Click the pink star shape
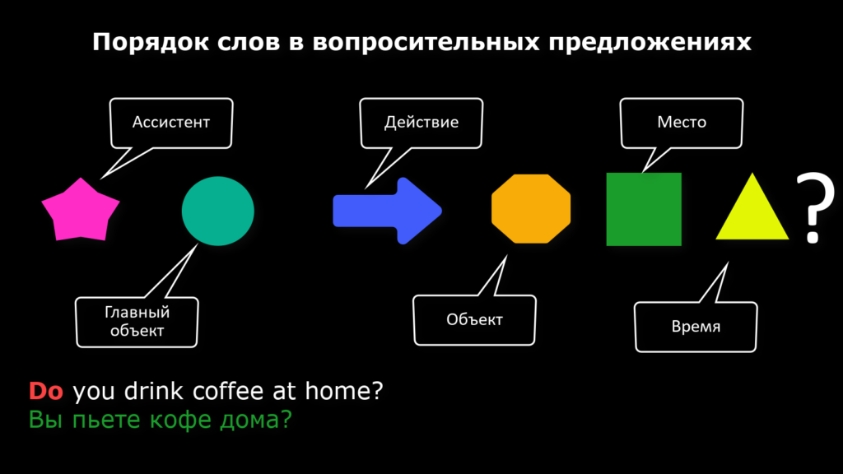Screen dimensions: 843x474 [x=81, y=210]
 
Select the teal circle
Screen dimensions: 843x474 [x=217, y=211]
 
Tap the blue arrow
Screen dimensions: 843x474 [x=387, y=211]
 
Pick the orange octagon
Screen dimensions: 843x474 [x=531, y=208]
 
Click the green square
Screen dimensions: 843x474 [x=644, y=209]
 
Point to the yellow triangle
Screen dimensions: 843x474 [x=752, y=210]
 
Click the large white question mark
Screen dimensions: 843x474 [x=815, y=207]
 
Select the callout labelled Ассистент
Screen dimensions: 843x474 [x=171, y=123]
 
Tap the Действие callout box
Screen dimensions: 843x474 [x=421, y=123]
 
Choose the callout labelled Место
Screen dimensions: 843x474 [x=681, y=123]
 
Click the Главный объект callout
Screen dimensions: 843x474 [x=137, y=322]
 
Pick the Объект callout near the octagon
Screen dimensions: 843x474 [x=474, y=320]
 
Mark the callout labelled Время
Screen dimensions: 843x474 [x=696, y=327]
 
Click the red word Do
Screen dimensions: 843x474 [x=46, y=391]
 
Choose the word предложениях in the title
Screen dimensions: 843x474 [x=650, y=42]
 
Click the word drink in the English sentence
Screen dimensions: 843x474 [x=154, y=391]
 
